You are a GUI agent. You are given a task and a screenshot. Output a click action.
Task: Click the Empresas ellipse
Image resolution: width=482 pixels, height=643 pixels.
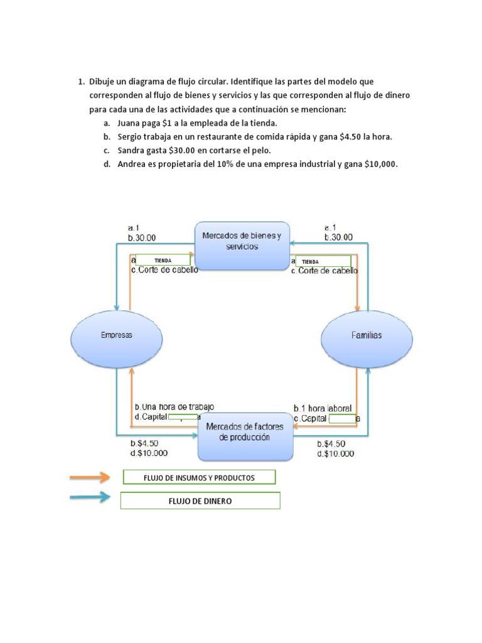click(117, 335)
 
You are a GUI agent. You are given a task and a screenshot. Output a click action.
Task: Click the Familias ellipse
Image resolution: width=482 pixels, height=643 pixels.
click(367, 335)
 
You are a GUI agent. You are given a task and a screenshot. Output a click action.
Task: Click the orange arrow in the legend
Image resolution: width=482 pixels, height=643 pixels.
click(90, 478)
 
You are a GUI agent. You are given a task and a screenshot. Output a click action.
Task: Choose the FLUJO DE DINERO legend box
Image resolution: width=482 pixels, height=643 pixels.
click(200, 500)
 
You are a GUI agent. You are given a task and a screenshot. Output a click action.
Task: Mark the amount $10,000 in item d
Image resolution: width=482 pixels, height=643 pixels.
click(381, 165)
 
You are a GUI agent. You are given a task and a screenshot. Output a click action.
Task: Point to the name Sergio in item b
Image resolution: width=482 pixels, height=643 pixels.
click(131, 137)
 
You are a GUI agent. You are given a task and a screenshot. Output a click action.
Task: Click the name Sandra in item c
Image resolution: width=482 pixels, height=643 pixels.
click(132, 151)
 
